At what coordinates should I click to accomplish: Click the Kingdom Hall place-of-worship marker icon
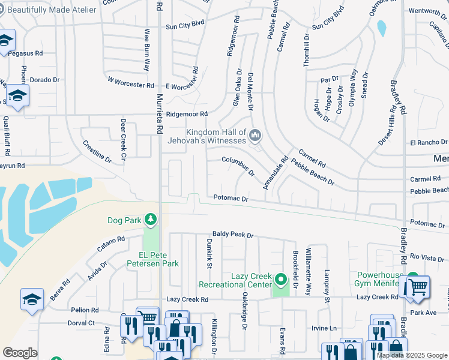pyautogui.click(x=256, y=136)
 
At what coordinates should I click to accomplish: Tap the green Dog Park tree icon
pyautogui.click(x=150, y=220)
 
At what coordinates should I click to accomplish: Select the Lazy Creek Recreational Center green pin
pyautogui.click(x=280, y=280)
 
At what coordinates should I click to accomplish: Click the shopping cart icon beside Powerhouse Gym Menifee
pyautogui.click(x=418, y=286)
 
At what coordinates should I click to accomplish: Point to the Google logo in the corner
pyautogui.click(x=20, y=353)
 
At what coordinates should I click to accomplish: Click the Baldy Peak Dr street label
pyautogui.click(x=233, y=234)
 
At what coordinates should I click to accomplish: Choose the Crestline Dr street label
pyautogui.click(x=97, y=151)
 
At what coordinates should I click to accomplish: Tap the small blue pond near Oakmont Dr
pyautogui.click(x=381, y=28)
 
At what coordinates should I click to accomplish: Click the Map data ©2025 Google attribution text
pyautogui.click(x=412, y=355)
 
